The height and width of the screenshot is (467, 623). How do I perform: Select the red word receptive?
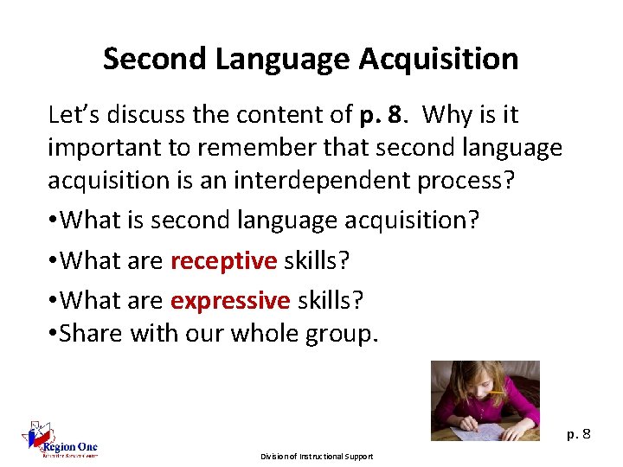coord(223,260)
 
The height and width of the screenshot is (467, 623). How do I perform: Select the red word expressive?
coord(230,300)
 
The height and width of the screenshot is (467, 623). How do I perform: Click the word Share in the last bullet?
coord(91,333)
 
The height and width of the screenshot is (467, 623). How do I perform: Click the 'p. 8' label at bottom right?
coord(579,433)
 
